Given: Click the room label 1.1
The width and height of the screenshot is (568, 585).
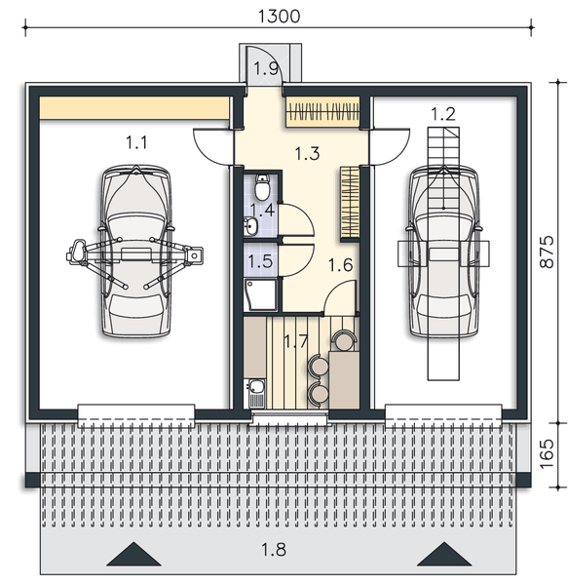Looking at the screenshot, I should (x=136, y=142).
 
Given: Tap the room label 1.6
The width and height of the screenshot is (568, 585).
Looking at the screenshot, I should (x=340, y=264).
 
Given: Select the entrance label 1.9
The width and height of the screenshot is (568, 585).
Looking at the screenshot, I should (x=267, y=68).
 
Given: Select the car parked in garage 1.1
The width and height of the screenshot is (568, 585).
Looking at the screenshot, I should (x=136, y=252).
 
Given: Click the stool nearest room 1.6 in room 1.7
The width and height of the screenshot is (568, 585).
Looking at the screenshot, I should (x=344, y=340).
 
